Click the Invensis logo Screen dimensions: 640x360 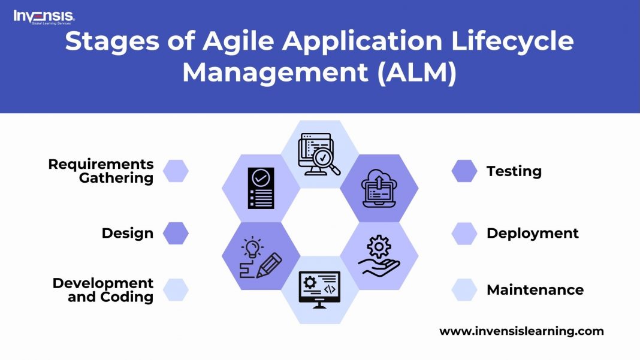(x=44, y=17)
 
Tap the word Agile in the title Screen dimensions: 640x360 (x=238, y=41)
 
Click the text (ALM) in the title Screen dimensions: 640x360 (x=416, y=72)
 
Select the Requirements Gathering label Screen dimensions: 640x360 (x=101, y=171)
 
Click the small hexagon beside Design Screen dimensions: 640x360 (x=176, y=233)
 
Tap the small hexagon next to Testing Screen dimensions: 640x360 (x=464, y=171)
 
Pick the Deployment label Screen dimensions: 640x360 (x=533, y=233)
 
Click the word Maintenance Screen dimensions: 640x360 (x=535, y=290)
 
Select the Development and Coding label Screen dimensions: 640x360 (x=103, y=290)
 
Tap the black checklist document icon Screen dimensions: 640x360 (x=261, y=188)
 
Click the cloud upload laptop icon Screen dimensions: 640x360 (x=379, y=189)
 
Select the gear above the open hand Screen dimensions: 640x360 (x=379, y=247)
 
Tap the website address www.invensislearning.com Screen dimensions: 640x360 (x=521, y=331)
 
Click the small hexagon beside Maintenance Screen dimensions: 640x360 (x=464, y=290)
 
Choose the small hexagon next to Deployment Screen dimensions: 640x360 (x=464, y=233)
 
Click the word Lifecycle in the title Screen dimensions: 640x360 (x=512, y=41)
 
